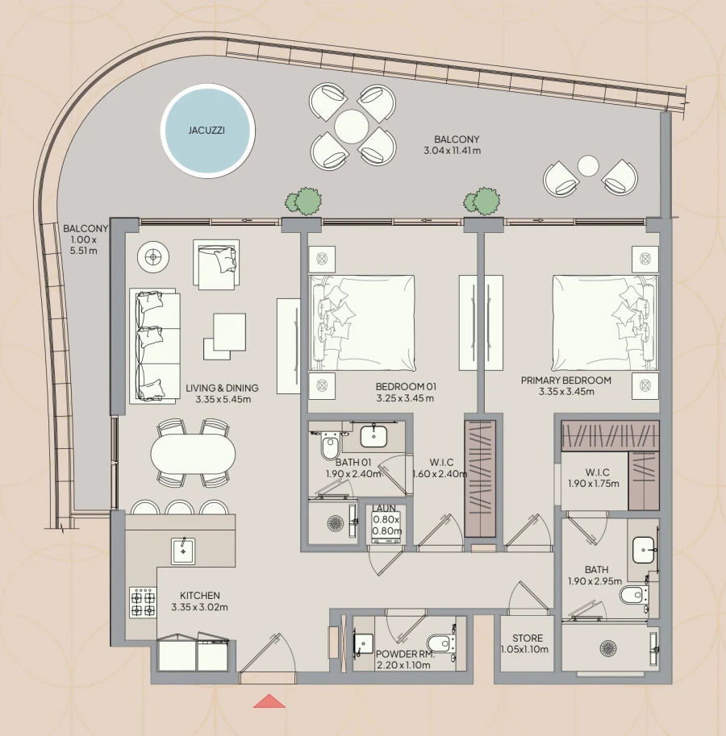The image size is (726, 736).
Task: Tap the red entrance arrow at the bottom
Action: [x=269, y=701]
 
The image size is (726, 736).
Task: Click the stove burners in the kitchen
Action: [x=143, y=601]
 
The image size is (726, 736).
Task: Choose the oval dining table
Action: [x=193, y=454]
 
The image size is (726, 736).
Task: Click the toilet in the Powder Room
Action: [x=439, y=643]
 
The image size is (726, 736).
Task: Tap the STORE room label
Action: [x=527, y=638]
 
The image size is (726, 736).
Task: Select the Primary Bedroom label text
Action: [x=565, y=380]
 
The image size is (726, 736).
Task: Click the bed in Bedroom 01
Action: [x=362, y=322]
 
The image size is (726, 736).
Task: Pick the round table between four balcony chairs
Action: [x=352, y=126]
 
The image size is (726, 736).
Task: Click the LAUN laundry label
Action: [x=383, y=509]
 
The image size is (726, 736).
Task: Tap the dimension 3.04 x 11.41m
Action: [x=453, y=151]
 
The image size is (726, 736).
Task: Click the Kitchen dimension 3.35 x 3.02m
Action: [x=199, y=607]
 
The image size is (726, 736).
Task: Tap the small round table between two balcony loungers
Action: [x=588, y=166]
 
